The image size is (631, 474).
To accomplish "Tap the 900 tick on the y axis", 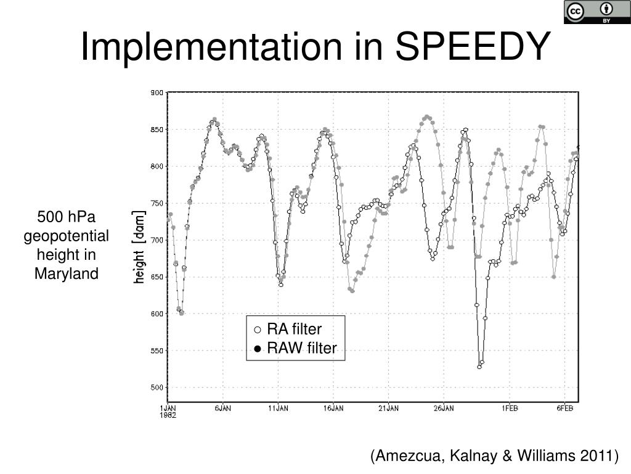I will coord(157,93).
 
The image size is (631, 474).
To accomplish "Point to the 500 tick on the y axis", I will coord(157,388).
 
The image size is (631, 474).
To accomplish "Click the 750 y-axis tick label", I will coord(157,203).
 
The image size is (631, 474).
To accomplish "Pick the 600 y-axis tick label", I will coord(157,314).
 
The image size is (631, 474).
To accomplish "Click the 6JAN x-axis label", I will coord(223,408).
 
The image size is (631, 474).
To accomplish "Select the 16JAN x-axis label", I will coord(333,408).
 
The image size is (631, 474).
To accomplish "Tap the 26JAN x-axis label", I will coord(444,408).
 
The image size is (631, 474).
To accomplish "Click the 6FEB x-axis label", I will coord(565,408).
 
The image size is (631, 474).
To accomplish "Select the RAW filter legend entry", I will coord(295,349).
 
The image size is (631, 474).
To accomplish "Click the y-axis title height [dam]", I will coord(140,247).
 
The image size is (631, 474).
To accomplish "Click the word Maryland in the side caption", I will coord(66,273).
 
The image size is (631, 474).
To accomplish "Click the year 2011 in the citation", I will coord(597,456).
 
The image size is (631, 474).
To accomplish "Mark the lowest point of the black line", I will coord(479,367).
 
